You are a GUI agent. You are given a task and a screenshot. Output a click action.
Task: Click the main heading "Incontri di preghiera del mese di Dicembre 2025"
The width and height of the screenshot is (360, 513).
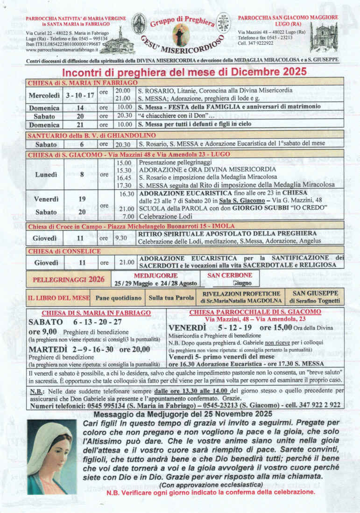(x=184, y=72)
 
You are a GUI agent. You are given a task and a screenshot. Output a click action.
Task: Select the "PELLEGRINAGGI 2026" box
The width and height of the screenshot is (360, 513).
(x=69, y=279)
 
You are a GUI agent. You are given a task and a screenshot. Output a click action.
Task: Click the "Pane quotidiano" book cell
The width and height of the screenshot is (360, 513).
(x=118, y=297)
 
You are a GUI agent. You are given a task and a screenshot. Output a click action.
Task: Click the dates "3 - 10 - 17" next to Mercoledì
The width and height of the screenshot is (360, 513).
(x=81, y=95)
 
